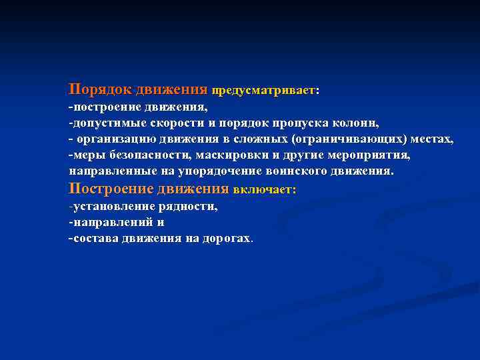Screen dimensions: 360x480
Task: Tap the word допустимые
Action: coord(103,123)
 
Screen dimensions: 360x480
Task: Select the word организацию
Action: coord(117,139)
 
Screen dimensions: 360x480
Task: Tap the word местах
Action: coord(432,139)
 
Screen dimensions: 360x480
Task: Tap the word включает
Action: coord(263,190)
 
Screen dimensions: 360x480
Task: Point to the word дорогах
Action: coord(227,238)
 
